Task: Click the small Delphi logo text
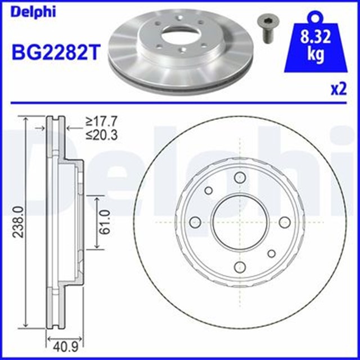(33, 11)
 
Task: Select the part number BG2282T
(56, 52)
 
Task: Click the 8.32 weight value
(316, 37)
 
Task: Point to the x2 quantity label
(339, 89)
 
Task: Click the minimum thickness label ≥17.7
(101, 121)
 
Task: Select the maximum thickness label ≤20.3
(101, 135)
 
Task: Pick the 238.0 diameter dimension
(18, 222)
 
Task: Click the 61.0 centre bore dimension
(105, 222)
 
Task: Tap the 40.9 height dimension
(65, 347)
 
